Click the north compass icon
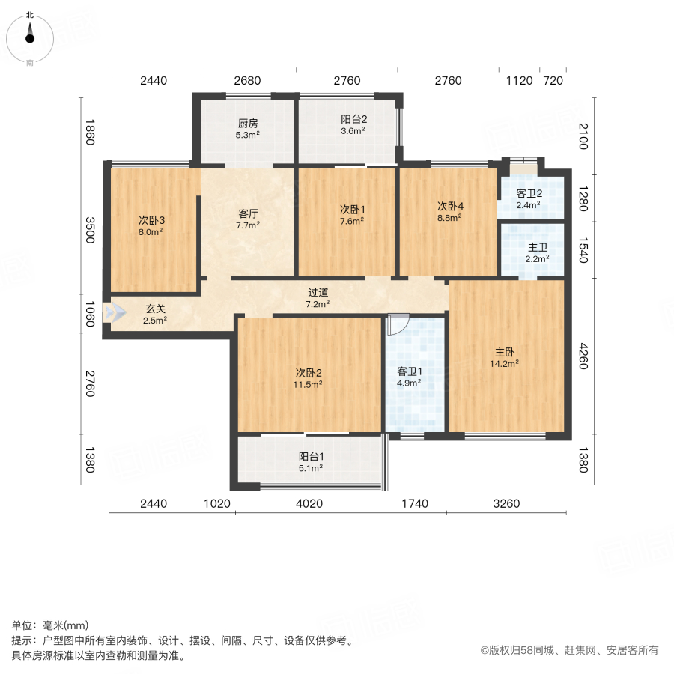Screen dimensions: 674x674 click(30, 34)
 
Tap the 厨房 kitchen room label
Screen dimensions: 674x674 click(248, 124)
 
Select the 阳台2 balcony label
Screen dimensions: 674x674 click(353, 119)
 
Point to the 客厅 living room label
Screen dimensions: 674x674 click(248, 213)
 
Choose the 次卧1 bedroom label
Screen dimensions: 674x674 click(352, 209)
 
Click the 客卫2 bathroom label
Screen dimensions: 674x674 click(529, 193)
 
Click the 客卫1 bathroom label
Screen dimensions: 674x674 click(409, 371)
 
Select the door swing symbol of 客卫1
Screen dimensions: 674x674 click(399, 322)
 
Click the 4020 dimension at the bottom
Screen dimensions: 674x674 click(309, 504)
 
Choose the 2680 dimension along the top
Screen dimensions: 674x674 click(247, 81)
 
